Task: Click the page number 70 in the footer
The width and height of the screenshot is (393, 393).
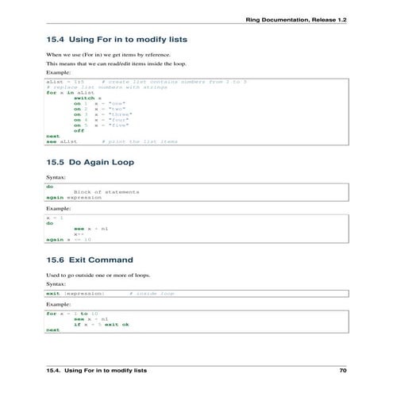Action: pyautogui.click(x=342, y=371)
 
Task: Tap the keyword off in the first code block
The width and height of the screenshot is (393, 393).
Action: pyautogui.click(x=79, y=130)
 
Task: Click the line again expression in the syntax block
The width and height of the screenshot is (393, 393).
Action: pyautogui.click(x=68, y=197)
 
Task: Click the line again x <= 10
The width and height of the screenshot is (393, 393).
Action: pyautogui.click(x=68, y=239)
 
